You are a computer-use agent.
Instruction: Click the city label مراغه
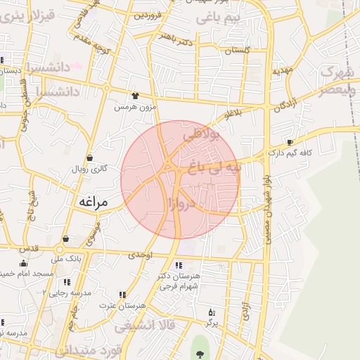(x=91, y=202)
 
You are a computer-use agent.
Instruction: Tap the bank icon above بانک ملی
(x=65, y=239)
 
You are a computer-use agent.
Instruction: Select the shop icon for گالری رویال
(x=89, y=157)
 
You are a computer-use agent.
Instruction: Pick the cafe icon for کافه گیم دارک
(x=290, y=142)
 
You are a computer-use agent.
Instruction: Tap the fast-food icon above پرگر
(x=210, y=311)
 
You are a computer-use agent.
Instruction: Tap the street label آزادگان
(x=285, y=105)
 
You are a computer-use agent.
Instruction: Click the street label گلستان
(x=238, y=50)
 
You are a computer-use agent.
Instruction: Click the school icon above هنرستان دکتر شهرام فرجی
(x=178, y=265)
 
